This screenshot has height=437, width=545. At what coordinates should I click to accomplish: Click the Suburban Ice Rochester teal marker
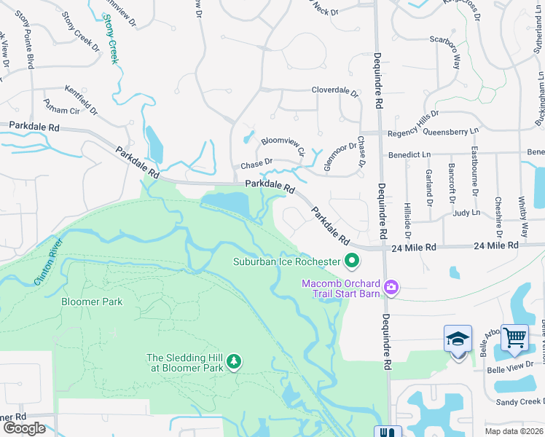click(x=352, y=260)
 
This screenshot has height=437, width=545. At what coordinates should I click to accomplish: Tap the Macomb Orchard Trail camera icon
click(x=391, y=288)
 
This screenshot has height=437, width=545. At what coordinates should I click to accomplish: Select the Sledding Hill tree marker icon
click(x=234, y=361)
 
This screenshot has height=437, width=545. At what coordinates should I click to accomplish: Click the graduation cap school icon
click(x=458, y=339)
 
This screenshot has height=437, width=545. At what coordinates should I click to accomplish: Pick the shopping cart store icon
click(x=514, y=339)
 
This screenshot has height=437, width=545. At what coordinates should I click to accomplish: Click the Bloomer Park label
click(x=92, y=302)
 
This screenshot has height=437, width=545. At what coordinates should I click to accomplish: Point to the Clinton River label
click(x=45, y=261)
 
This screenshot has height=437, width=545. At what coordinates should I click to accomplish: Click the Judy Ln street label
click(x=466, y=213)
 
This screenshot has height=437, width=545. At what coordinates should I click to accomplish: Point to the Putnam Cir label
click(x=60, y=111)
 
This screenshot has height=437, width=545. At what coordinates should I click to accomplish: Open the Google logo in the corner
click(x=23, y=428)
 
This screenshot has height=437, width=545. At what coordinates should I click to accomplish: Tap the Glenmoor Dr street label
click(x=339, y=155)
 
